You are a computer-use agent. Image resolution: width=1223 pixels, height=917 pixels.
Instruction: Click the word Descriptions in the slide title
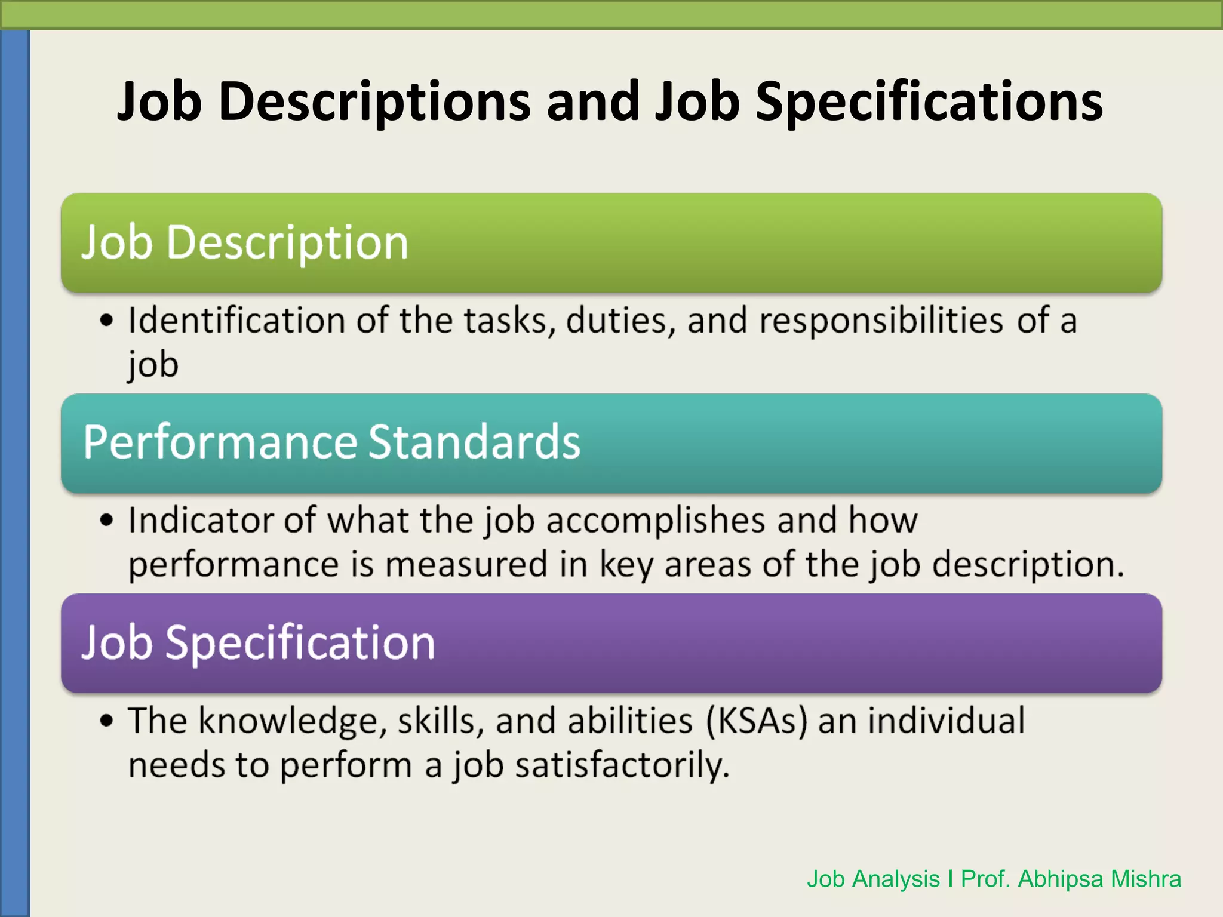click(x=375, y=101)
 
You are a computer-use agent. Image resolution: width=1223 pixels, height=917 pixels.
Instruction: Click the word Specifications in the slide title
click(x=929, y=101)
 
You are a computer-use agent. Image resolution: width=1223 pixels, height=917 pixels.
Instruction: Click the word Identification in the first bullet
click(x=236, y=321)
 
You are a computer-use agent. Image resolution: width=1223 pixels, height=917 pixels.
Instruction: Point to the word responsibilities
click(x=881, y=321)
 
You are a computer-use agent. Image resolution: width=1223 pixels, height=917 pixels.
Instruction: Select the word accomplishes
click(x=655, y=521)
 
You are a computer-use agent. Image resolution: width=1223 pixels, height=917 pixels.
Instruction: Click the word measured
click(x=466, y=564)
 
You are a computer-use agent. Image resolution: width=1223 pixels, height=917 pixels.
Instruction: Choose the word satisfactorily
click(x=622, y=765)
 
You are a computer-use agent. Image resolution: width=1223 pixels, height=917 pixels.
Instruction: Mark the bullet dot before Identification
click(x=106, y=321)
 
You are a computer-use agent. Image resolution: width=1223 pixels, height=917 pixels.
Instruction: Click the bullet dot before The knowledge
click(x=106, y=721)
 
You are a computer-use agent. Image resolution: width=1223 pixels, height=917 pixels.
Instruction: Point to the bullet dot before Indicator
click(x=106, y=520)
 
